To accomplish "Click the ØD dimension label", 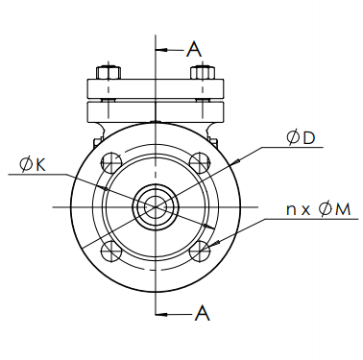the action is pyautogui.click(x=301, y=138).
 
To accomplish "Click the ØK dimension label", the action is pyautogui.click(x=33, y=165).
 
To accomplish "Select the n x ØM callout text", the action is pyautogui.click(x=319, y=209).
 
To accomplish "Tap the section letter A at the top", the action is pyautogui.click(x=194, y=49).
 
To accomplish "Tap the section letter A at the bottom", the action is pyautogui.click(x=203, y=313).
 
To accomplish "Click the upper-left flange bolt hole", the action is pyautogui.click(x=111, y=162).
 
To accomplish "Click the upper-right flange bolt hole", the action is pyautogui.click(x=200, y=162).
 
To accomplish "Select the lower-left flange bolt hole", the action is pyautogui.click(x=111, y=251).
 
